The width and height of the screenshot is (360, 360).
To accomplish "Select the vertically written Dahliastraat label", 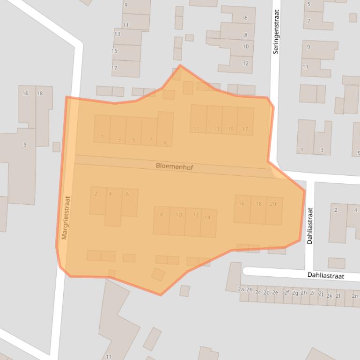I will click(309, 226).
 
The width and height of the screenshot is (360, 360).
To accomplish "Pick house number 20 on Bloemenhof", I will click(273, 204).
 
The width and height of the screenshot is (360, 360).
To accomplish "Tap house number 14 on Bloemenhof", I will click(207, 217).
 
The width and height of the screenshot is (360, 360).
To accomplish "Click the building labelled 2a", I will click(241, 290).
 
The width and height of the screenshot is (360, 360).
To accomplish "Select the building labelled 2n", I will click(355, 295).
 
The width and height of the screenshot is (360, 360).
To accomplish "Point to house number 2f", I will click(286, 293).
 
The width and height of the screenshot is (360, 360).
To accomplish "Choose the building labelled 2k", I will click(329, 295).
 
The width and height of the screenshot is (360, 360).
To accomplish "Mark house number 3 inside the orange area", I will click(119, 140).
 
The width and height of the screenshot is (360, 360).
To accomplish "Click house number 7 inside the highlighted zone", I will click(150, 140).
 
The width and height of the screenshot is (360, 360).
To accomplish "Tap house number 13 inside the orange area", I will click(216, 129).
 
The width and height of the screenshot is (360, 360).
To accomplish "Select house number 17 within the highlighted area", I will click(245, 129).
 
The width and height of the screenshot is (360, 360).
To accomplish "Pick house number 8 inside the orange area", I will click(162, 215).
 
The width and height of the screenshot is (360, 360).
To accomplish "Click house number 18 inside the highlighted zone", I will click(258, 204).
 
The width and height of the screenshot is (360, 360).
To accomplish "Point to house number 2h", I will click(303, 293).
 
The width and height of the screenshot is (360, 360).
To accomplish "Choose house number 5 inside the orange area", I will click(133, 140).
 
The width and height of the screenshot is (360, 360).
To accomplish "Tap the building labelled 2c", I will click(258, 292).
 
